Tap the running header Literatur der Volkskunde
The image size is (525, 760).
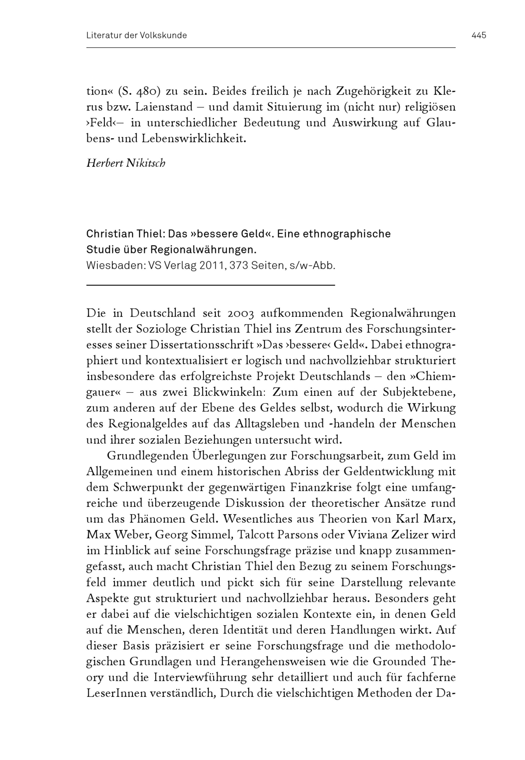pos(136,35)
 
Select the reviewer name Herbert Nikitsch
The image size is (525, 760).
pos(126,163)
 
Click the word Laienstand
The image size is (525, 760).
pos(164,107)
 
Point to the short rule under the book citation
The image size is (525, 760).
pos(211,285)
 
